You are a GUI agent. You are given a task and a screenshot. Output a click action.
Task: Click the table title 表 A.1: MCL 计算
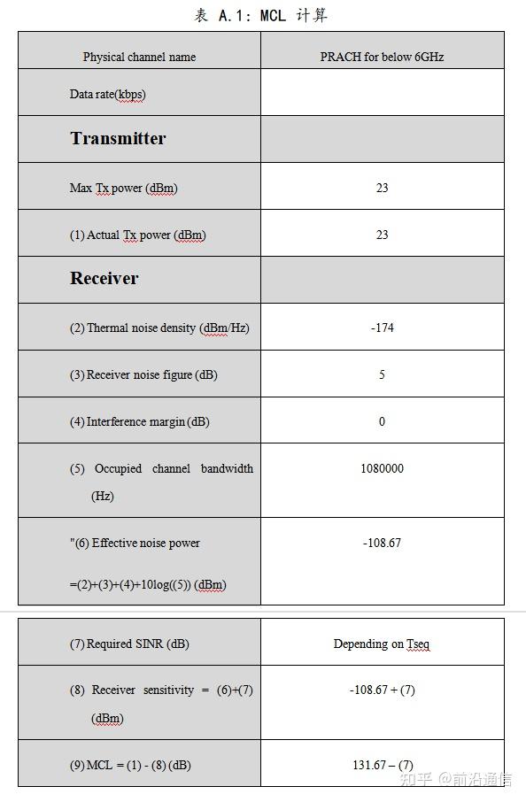[262, 15]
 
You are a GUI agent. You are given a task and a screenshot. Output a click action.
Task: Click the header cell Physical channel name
[139, 57]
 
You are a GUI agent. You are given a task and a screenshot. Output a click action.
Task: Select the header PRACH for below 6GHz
[382, 57]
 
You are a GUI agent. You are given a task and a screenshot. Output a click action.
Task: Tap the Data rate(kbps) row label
[107, 94]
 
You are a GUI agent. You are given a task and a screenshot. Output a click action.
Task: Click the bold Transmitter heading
[118, 138]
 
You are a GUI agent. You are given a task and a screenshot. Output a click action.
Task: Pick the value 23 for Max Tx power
[382, 188]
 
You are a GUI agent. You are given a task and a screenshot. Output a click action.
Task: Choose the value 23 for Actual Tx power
[382, 235]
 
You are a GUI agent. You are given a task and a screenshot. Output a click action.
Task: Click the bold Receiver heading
[104, 278]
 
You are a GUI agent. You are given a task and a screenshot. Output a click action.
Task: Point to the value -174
[382, 328]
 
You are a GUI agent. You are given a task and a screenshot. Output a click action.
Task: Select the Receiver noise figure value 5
[382, 374]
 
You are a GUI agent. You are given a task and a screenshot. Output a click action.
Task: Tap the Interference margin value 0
[382, 421]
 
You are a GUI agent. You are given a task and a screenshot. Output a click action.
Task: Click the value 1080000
[382, 468]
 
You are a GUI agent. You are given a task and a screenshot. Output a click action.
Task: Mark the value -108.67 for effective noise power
[382, 543]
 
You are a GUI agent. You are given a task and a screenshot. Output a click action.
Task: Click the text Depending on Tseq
[382, 644]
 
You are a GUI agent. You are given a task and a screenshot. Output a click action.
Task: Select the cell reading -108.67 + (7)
[382, 690]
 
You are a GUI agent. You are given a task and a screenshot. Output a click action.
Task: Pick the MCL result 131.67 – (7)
[382, 765]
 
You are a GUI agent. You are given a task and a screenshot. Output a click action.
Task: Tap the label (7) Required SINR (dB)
[129, 644]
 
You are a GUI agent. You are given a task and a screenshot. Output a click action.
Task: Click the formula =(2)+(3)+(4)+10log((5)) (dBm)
[147, 584]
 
